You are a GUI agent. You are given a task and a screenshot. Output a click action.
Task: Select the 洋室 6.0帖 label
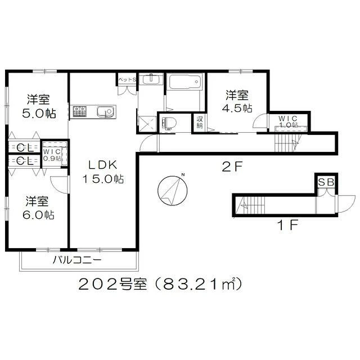point(39,208)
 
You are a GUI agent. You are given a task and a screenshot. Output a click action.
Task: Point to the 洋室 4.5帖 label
point(238,101)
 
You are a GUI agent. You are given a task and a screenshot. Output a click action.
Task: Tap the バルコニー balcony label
point(77,260)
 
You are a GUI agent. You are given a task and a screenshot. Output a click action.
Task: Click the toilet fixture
point(169,123)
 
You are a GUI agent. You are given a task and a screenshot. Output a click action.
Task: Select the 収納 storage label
point(200,122)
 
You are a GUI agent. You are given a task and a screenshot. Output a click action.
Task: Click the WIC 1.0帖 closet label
point(290,121)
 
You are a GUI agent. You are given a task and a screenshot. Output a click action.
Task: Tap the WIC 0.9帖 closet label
point(53,154)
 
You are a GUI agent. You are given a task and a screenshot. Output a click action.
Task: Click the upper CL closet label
point(23,148)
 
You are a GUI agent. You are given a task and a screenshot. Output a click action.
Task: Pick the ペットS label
point(127,80)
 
